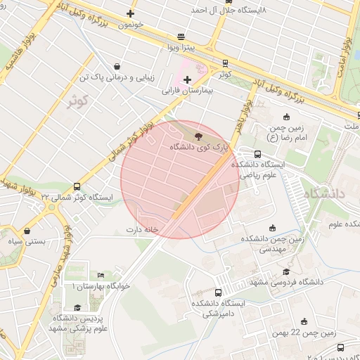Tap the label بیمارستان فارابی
coord(187,91)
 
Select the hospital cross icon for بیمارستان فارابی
coord(187,79)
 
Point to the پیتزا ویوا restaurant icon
coord(181,37)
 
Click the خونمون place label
coord(131,25)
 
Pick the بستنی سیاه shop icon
coord(27,230)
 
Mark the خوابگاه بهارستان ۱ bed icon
coord(101,275)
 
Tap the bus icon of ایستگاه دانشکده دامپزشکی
coord(219,292)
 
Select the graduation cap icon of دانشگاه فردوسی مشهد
coord(285,271)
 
